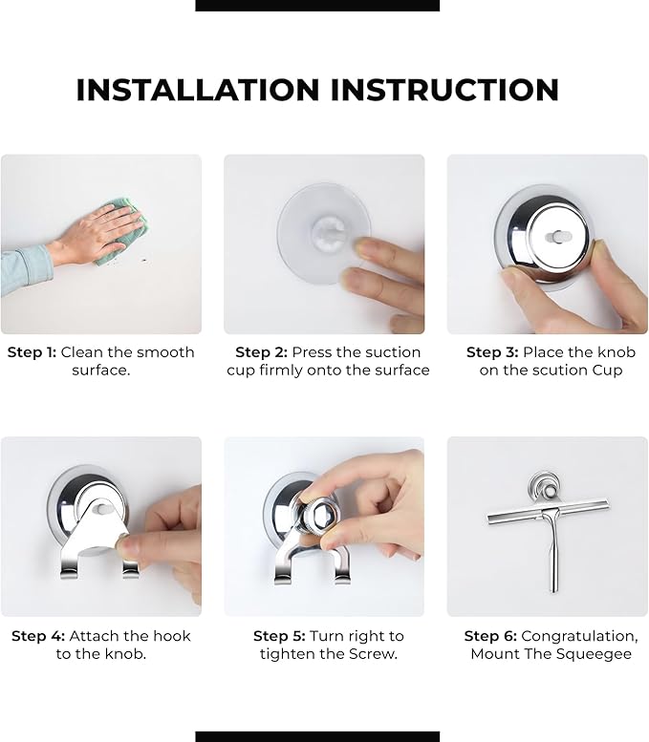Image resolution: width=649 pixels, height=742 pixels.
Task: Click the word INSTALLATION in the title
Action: tap(198, 90)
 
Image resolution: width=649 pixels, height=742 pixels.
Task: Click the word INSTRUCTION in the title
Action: tap(444, 90)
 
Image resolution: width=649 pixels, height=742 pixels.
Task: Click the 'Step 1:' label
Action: tap(32, 352)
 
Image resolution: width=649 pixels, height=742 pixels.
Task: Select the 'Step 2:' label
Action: tap(262, 352)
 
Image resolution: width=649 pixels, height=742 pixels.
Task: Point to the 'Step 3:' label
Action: tap(492, 352)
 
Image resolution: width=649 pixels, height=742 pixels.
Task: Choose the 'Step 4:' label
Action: tap(38, 636)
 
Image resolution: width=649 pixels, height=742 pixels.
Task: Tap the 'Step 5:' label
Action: tap(279, 636)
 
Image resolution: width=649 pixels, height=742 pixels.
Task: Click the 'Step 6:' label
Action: tap(490, 636)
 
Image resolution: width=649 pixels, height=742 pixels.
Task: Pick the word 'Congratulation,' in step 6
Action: tap(580, 636)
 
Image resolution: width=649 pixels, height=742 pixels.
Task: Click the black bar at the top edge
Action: tap(317, 5)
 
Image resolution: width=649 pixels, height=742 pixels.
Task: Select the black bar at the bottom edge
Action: tap(317, 737)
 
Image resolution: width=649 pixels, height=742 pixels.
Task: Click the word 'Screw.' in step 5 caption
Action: tap(374, 654)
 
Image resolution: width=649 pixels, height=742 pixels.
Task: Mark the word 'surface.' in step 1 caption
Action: tap(101, 371)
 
